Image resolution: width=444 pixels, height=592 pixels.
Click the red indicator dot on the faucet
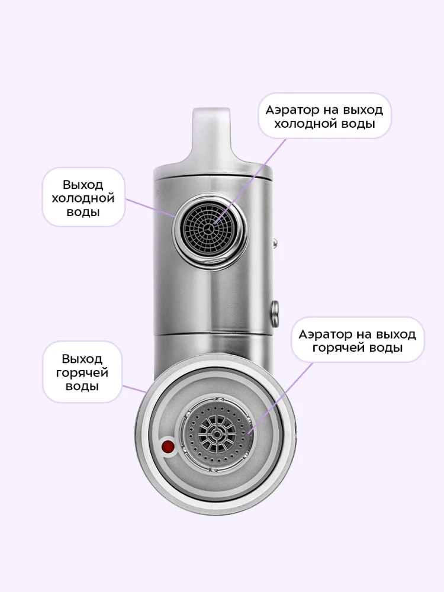tap(168, 448)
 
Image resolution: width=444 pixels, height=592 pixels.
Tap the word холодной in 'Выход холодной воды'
tap(83, 198)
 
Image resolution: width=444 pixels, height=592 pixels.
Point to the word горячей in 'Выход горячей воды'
tap(82, 372)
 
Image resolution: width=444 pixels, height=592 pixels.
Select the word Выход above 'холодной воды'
tap(83, 185)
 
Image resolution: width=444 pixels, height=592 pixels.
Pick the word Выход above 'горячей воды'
tap(82, 359)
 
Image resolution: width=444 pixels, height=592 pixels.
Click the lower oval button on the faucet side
tap(275, 310)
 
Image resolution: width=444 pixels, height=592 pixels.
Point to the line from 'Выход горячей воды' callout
tap(134, 389)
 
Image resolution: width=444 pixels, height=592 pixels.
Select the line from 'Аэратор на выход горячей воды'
tap(281, 398)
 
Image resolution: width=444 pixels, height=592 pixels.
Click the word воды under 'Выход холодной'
tap(83, 212)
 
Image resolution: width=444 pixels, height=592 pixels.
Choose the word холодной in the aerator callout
tap(307, 124)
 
